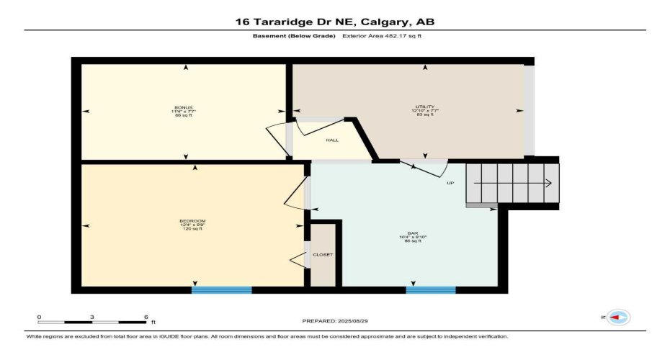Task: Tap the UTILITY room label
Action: click(x=424, y=107)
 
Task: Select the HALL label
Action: click(x=332, y=140)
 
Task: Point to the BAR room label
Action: click(x=412, y=233)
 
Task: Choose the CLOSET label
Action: click(x=323, y=255)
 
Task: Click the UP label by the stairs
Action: click(x=450, y=183)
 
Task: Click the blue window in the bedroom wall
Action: click(x=221, y=290)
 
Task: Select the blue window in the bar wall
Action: click(x=431, y=290)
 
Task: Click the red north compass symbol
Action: click(x=618, y=317)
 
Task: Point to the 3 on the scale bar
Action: click(x=92, y=317)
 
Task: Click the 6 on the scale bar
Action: click(x=146, y=317)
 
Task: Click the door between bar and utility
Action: click(x=429, y=170)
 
